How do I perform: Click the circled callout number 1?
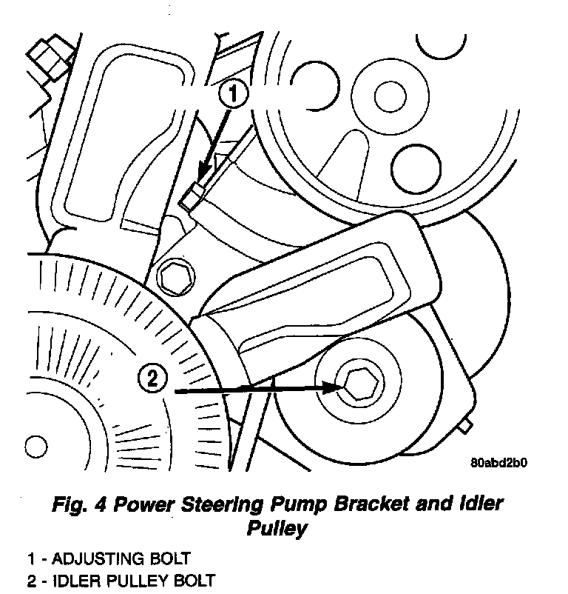234,94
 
